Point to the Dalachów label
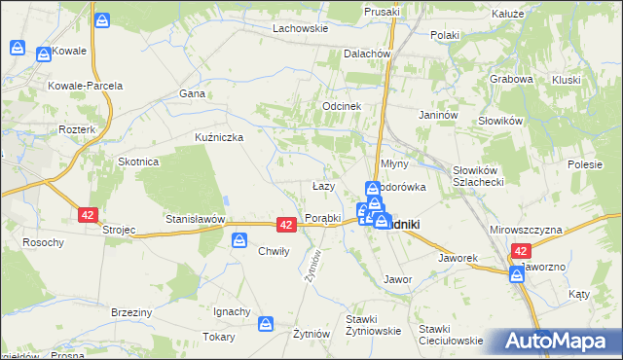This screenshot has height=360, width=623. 367,54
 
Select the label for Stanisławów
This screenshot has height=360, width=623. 195,220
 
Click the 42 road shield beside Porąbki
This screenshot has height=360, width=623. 286,224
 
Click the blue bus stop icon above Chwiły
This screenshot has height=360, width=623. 239,238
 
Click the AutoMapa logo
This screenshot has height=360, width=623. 559,341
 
